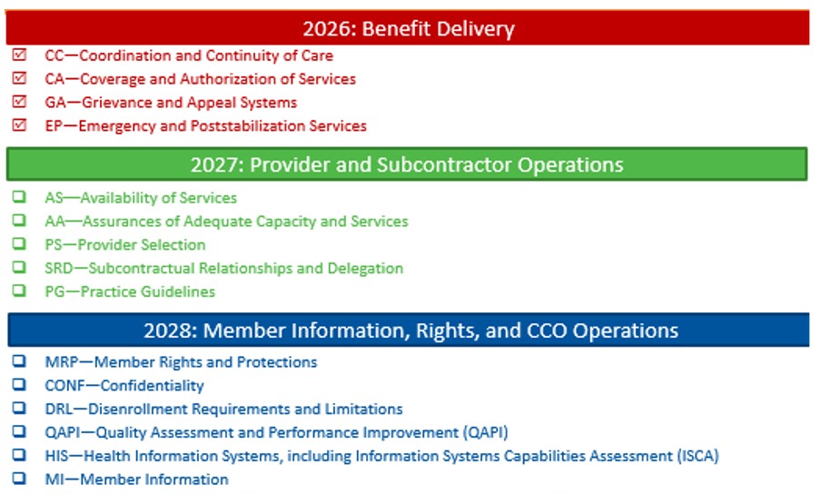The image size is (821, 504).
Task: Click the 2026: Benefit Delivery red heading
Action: pyautogui.click(x=408, y=28)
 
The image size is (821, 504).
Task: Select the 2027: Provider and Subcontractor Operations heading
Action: pyautogui.click(x=406, y=164)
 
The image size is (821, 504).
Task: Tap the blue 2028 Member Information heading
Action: pyautogui.click(x=410, y=330)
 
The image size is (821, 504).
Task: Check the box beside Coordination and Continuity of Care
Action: pyautogui.click(x=19, y=55)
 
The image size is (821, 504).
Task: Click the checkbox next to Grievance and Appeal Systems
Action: pyautogui.click(x=19, y=103)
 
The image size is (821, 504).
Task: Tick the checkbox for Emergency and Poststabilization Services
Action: pyautogui.click(x=19, y=126)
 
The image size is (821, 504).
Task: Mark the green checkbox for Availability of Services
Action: pyautogui.click(x=19, y=197)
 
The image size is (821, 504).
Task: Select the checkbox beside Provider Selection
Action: pyautogui.click(x=19, y=244)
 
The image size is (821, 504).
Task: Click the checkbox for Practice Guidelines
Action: pyautogui.click(x=19, y=292)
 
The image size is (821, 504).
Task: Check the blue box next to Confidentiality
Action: pyautogui.click(x=19, y=385)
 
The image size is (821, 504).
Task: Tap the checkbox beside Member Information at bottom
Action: pyautogui.click(x=19, y=479)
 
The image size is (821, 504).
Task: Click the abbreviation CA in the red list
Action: pyautogui.click(x=54, y=79)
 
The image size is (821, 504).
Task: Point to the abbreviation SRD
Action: pyautogui.click(x=59, y=268)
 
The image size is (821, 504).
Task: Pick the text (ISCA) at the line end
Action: pyautogui.click(x=696, y=456)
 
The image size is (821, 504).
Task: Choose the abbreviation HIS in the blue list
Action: pyautogui.click(x=56, y=456)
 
